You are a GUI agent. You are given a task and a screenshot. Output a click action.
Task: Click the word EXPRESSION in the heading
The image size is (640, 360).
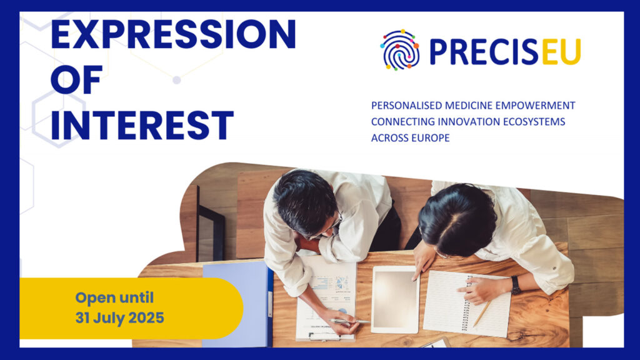pos(174,35)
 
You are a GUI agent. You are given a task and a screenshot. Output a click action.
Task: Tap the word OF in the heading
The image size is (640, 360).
pos(77,81)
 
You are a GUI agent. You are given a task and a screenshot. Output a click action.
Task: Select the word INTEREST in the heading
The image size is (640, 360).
pos(142,125)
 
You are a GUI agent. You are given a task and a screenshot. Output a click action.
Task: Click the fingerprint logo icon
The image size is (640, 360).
pos(399,50)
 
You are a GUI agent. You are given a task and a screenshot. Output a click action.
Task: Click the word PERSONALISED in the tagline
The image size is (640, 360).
pos(406,106)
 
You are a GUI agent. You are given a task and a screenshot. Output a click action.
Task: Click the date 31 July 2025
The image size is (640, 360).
pos(119,318)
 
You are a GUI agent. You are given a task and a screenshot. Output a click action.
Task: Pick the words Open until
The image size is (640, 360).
pos(114,297)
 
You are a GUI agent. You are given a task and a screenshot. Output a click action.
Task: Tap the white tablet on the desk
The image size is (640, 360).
pos(395,299)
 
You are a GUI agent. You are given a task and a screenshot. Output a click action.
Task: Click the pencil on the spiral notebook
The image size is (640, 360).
pos(482,313)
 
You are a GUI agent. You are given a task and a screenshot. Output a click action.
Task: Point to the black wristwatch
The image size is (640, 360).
pos(516,285)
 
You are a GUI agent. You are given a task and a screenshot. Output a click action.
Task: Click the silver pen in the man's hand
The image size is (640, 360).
pos(349,322)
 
